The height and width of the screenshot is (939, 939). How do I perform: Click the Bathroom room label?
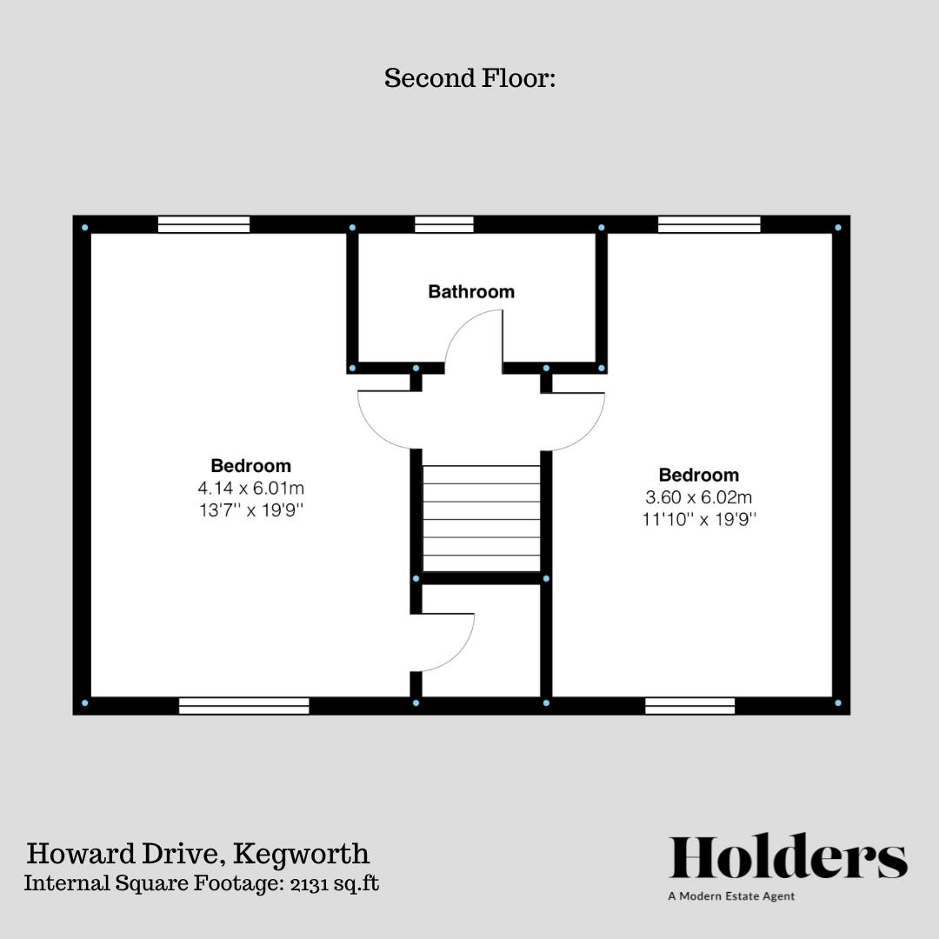click(x=471, y=292)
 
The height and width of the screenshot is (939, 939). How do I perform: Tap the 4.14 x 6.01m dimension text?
click(x=251, y=488)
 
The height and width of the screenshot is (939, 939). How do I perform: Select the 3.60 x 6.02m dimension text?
click(x=699, y=497)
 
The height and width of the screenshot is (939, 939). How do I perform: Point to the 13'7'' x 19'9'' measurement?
click(x=251, y=510)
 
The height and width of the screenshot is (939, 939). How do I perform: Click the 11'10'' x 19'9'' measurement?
click(x=699, y=520)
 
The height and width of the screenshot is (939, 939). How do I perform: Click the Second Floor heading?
click(x=469, y=78)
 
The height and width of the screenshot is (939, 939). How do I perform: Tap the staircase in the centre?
click(x=481, y=518)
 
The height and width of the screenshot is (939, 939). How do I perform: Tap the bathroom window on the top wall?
click(x=444, y=224)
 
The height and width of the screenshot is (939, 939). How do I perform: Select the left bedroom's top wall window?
click(x=204, y=224)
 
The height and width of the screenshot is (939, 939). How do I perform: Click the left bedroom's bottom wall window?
click(x=244, y=705)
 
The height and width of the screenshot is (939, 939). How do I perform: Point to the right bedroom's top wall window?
click(x=709, y=224)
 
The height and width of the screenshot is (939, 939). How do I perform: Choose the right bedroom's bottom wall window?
click(x=690, y=705)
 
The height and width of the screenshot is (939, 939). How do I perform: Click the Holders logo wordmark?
click(x=788, y=857)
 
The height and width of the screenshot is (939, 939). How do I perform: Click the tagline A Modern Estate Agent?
click(x=731, y=896)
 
